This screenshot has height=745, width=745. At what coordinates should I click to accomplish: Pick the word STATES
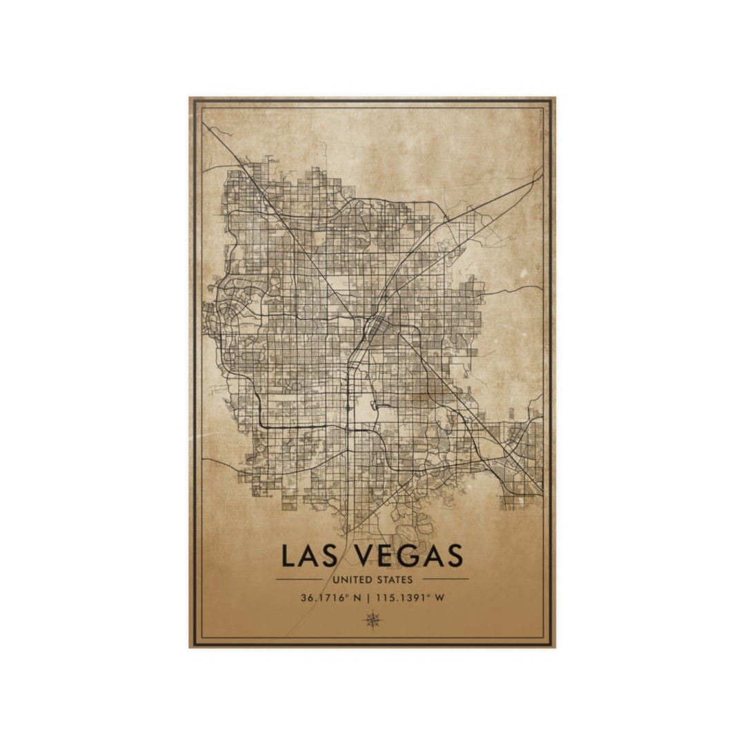pos(395,580)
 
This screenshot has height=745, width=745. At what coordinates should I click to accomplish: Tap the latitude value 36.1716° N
pos(330,597)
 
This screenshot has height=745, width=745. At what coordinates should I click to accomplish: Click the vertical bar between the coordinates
pos(370,597)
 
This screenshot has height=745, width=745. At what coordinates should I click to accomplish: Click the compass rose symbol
pos(372,619)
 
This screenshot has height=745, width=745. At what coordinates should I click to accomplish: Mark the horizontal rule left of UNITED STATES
pos(299,579)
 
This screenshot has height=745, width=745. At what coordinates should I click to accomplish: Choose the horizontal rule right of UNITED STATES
pos(445,579)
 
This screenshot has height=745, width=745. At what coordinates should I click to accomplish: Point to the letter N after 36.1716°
pos(357,597)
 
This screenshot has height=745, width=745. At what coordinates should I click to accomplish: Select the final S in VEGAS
pos(455,556)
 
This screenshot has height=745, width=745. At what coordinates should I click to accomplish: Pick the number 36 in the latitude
pos(306,597)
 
